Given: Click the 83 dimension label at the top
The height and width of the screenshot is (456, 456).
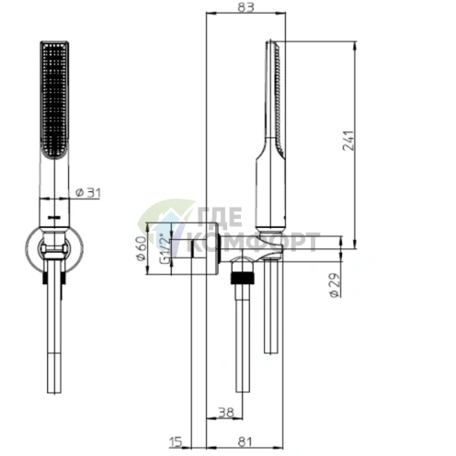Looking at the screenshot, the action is [x=245, y=7].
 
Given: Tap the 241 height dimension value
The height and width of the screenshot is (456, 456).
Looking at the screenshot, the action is [x=348, y=141].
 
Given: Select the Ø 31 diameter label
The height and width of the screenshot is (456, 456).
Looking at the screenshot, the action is [x=88, y=193].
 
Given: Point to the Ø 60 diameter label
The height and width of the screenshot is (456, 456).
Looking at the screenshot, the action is [x=141, y=248].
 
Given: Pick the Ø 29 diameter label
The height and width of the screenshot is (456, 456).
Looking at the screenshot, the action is [x=335, y=285].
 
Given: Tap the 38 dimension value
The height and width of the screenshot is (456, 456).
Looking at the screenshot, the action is [x=226, y=412].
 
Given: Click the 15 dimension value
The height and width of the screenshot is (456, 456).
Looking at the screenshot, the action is [x=176, y=442].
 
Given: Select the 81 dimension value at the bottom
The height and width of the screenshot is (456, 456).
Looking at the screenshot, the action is [x=245, y=442].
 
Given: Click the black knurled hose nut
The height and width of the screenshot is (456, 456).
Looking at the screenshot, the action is [x=243, y=278].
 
